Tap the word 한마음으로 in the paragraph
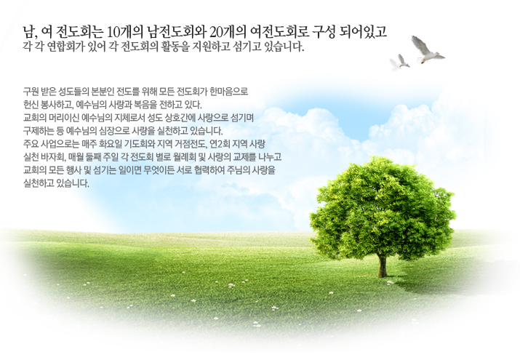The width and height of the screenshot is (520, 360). pyautogui.click(x=226, y=92)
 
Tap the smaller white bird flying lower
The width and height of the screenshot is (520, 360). pyautogui.click(x=399, y=62)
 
